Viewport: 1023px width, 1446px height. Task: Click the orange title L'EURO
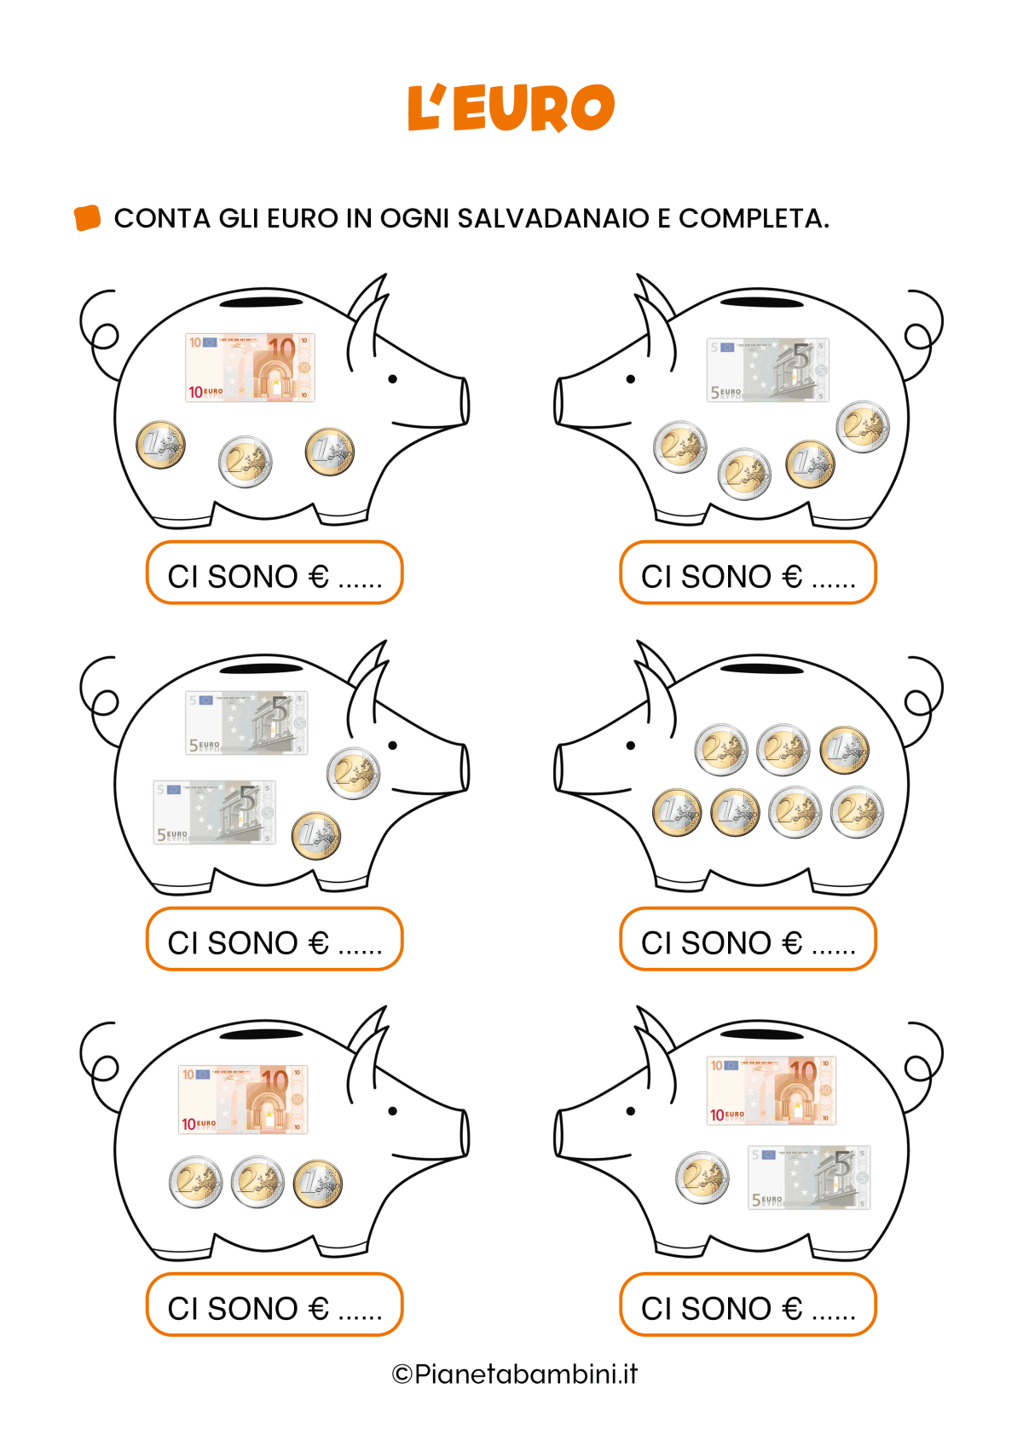coord(511,107)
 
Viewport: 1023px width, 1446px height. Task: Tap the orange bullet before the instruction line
coord(87,217)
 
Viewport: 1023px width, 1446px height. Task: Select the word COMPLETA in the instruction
coord(754,218)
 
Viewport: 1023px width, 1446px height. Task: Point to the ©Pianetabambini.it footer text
coord(515,1374)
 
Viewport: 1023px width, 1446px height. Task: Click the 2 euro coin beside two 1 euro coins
coord(245,462)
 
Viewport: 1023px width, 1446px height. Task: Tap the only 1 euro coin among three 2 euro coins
coord(810,464)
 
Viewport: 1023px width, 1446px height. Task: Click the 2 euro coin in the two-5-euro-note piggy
coord(353,774)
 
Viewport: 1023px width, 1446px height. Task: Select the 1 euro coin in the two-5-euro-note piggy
coord(315,836)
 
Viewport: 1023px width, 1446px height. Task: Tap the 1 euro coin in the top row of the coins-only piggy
coord(844,750)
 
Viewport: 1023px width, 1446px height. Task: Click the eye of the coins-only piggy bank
coord(630,746)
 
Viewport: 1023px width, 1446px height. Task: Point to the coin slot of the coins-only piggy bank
coord(761,669)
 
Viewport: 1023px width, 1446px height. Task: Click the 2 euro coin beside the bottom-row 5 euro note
coord(702,1178)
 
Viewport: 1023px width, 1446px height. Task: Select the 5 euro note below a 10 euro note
coord(809,1178)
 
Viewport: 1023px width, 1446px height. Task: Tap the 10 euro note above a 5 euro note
coord(772,1091)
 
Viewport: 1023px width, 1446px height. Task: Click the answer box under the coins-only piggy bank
coord(748,939)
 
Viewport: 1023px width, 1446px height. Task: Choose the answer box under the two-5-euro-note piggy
coord(275,939)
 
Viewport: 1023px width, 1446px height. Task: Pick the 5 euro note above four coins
coord(768,370)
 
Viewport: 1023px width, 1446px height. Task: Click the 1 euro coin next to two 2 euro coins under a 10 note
coord(318,1184)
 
